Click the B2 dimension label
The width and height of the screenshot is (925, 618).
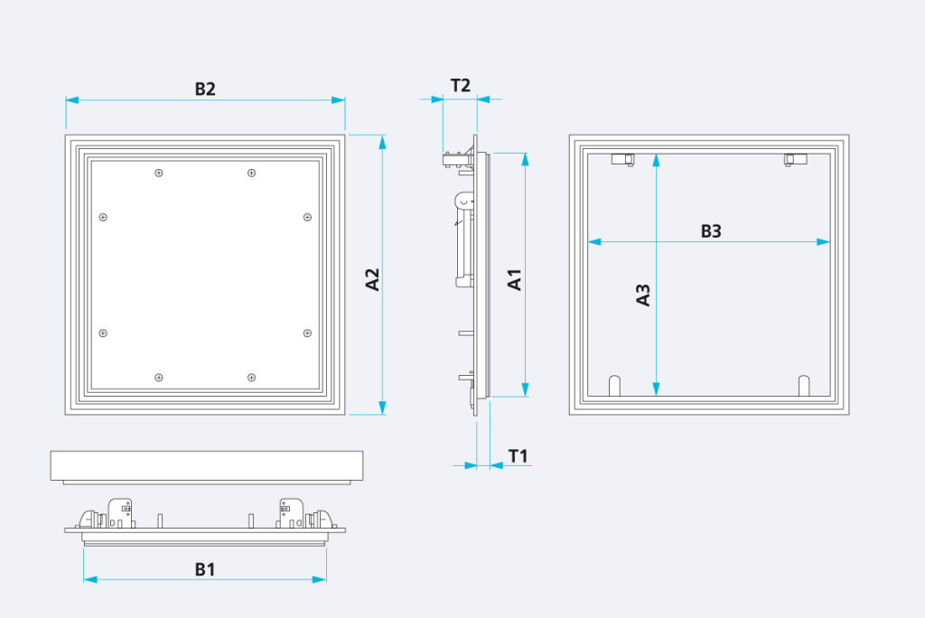tap(205, 89)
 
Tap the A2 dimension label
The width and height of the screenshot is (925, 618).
tap(372, 279)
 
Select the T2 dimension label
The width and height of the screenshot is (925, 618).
tap(460, 86)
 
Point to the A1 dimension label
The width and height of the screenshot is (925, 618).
tap(514, 279)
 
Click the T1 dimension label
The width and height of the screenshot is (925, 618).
tap(518, 455)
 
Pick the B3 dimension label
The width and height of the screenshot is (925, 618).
tap(711, 230)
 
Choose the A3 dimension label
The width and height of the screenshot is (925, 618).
tap(642, 295)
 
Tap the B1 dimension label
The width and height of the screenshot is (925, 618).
tap(205, 569)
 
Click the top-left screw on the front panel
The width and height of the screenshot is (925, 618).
tap(159, 173)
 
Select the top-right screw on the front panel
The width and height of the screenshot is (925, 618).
tap(251, 173)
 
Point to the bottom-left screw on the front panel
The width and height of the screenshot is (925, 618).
tap(159, 378)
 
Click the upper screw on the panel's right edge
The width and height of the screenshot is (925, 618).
tap(307, 217)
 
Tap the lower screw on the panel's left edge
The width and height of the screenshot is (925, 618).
tap(103, 333)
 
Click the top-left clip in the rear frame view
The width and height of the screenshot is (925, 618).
tap(623, 159)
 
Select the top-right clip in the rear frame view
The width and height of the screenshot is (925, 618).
tap(795, 159)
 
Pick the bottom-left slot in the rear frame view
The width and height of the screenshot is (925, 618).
tap(614, 386)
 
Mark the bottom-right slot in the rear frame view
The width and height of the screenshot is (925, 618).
tap(804, 386)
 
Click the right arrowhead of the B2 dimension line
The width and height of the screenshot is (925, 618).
tap(338, 100)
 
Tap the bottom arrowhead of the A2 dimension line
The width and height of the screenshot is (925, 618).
tap(382, 407)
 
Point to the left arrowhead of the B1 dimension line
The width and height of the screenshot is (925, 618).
tap(91, 580)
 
